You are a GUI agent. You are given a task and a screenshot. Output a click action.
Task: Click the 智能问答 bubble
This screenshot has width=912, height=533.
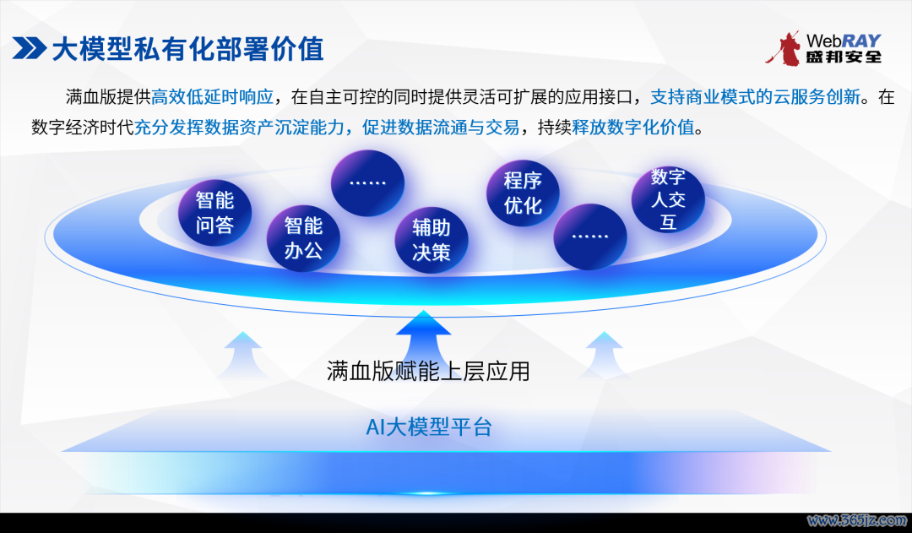point(214,212)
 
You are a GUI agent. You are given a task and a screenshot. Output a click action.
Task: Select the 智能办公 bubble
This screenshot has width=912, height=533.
point(303,238)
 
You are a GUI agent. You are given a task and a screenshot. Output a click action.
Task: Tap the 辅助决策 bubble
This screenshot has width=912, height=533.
point(431,240)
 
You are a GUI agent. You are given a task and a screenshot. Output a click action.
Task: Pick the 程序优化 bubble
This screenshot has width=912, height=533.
point(523,193)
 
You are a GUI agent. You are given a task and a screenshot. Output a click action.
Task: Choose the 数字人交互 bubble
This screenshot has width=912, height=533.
point(668,199)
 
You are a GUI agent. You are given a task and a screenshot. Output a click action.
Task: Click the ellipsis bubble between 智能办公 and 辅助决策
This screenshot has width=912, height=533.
point(367,182)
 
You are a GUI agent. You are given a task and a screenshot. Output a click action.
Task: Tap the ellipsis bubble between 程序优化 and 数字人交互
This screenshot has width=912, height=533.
point(589,237)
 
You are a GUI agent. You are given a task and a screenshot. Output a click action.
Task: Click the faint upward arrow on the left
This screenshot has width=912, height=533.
point(242,355)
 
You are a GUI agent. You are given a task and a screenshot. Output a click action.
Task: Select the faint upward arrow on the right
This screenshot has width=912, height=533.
point(604,355)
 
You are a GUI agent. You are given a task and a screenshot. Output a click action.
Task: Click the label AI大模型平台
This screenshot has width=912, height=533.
point(429,427)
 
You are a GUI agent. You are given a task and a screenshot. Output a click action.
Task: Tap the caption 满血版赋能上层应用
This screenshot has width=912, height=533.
point(428,371)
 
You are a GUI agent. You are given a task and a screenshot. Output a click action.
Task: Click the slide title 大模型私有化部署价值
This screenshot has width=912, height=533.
point(187,49)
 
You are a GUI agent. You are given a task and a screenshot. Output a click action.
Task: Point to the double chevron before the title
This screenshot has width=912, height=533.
point(29,48)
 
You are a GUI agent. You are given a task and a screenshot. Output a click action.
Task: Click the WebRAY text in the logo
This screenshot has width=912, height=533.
point(844,41)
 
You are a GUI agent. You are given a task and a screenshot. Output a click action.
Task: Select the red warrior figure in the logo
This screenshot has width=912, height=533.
point(784,48)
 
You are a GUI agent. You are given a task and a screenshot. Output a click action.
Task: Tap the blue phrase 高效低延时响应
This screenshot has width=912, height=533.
point(212,96)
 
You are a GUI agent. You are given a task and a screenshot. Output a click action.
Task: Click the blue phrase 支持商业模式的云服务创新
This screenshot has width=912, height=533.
point(756,96)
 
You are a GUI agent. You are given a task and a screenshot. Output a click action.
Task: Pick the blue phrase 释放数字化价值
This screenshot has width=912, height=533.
point(633,127)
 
